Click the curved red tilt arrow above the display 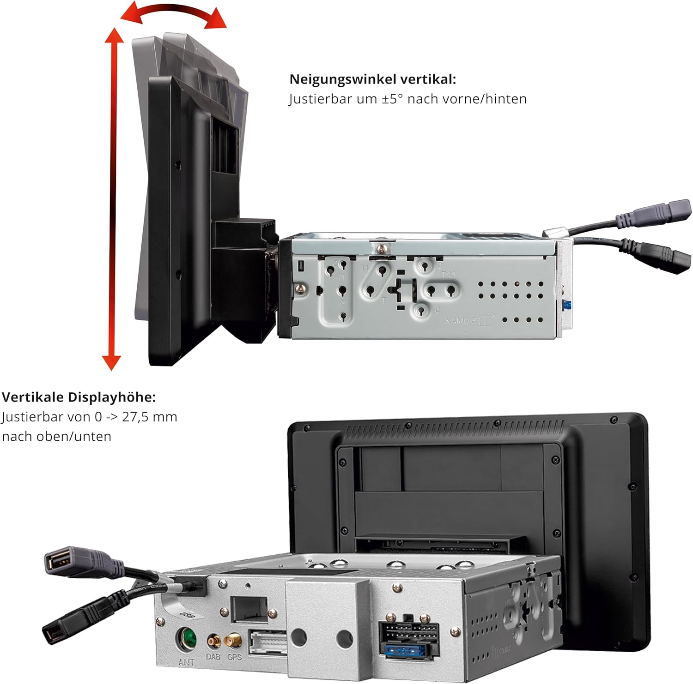click(173, 13)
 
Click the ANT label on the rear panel click(186, 662)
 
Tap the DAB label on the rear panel click(213, 656)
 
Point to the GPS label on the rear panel click(234, 656)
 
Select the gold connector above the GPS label click(233, 641)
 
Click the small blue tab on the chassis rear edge click(565, 305)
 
